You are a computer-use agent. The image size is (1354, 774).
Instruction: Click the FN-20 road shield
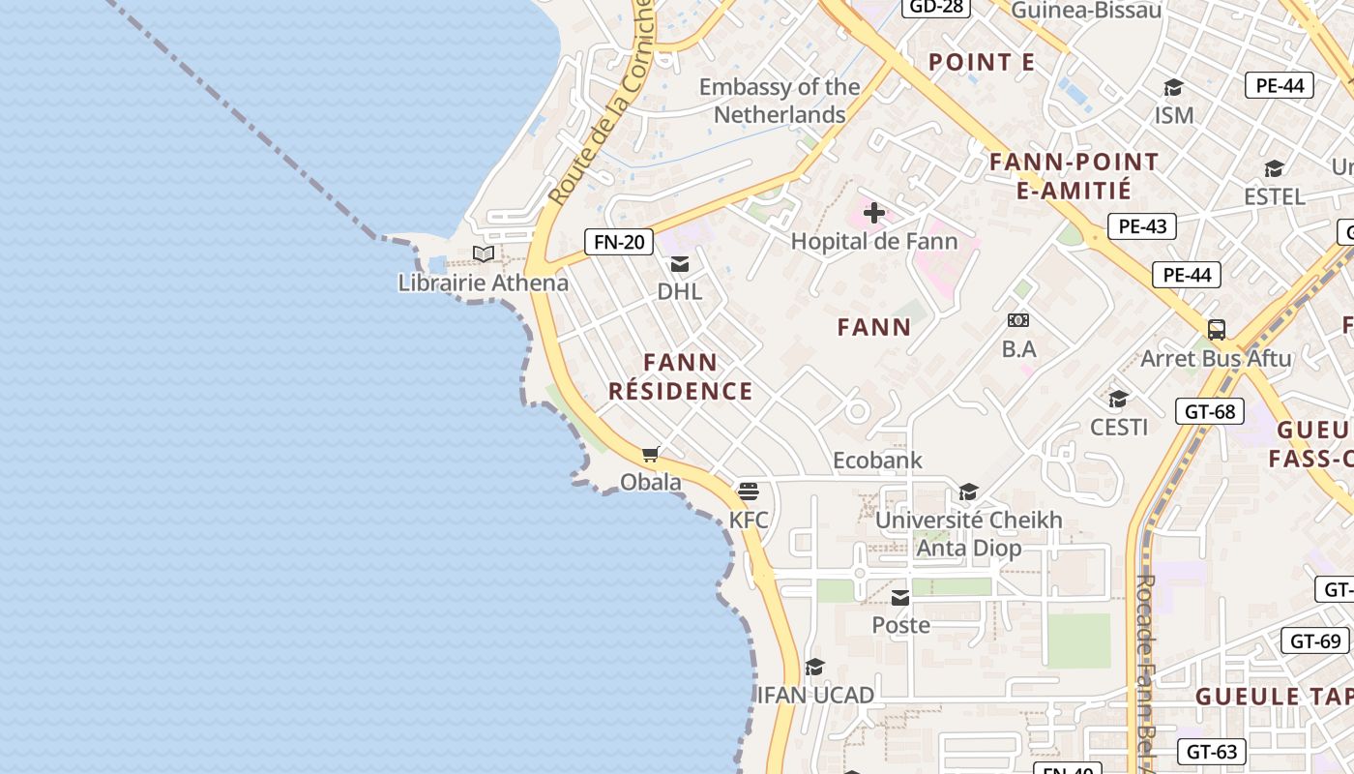(x=619, y=242)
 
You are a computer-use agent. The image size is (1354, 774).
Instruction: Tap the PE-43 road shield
(x=1142, y=226)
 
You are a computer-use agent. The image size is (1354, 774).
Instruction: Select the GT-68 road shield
(x=1210, y=411)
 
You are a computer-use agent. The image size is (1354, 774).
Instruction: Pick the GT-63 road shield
(x=1211, y=752)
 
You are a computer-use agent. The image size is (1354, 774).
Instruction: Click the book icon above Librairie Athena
(x=484, y=254)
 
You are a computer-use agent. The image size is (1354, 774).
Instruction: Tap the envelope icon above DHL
(x=680, y=264)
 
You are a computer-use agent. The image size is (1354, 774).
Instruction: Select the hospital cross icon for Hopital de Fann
(x=874, y=213)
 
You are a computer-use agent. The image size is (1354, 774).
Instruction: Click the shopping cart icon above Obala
(x=651, y=455)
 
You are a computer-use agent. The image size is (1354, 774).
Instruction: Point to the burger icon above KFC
(x=749, y=491)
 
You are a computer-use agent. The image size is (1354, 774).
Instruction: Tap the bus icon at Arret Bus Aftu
(x=1217, y=330)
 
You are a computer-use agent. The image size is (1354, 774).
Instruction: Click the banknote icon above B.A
(x=1018, y=320)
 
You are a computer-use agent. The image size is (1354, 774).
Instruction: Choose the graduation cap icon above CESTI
(x=1118, y=399)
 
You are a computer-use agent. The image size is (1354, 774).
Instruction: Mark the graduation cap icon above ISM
(x=1173, y=88)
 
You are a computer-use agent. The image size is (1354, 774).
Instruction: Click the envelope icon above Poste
(x=900, y=598)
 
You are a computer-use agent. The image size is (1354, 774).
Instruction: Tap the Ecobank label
(x=878, y=461)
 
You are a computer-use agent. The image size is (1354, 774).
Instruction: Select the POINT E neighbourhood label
(x=982, y=63)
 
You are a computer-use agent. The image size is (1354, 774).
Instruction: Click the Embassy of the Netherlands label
(x=780, y=101)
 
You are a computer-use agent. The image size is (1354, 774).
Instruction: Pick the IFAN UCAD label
(x=815, y=695)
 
